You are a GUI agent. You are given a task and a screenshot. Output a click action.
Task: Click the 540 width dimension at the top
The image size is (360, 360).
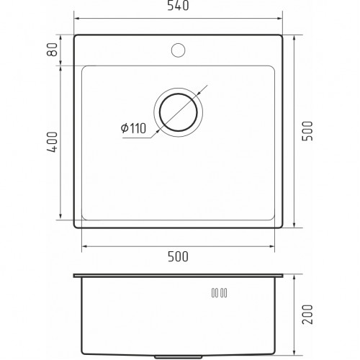[x=178, y=6]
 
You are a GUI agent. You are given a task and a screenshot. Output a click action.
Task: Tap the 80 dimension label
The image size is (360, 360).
[x=52, y=50]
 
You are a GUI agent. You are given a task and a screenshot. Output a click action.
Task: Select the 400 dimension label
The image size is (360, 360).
[x=52, y=142]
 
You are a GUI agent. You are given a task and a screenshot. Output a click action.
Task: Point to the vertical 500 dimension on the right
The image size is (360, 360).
[x=307, y=131]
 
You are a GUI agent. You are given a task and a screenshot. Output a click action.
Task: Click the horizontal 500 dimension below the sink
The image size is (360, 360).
[x=178, y=256]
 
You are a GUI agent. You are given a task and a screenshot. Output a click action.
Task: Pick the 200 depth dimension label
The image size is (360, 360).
[x=307, y=315]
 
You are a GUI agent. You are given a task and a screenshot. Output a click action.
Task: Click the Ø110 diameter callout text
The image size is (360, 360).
[x=133, y=128]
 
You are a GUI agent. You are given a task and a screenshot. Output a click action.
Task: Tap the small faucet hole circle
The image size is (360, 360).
[x=178, y=50]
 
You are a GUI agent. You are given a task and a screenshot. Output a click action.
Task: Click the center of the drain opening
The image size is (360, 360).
[x=179, y=112]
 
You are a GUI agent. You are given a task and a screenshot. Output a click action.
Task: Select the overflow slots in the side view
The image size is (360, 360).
[x=220, y=293]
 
